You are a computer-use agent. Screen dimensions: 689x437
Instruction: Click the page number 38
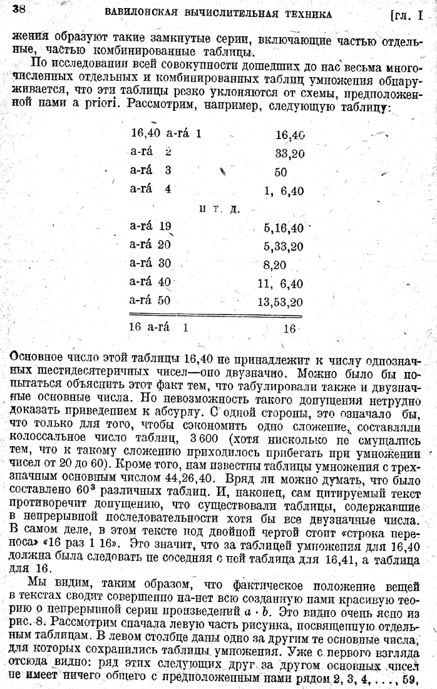point(18,9)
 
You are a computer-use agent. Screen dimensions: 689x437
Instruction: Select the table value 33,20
point(290,153)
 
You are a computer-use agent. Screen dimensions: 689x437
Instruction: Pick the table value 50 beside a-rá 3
point(280,172)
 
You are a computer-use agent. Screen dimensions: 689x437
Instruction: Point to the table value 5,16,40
point(284,228)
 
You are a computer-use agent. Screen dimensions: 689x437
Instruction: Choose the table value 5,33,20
point(284,246)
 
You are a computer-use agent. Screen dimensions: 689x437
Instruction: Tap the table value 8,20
point(275,264)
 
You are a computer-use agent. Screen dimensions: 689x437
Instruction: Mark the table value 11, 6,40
point(280,282)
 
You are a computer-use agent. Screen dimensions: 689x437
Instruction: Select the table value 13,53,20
point(280,301)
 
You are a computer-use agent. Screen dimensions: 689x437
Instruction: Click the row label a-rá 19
point(151,227)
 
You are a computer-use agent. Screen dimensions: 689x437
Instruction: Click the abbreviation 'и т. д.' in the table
point(218,208)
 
